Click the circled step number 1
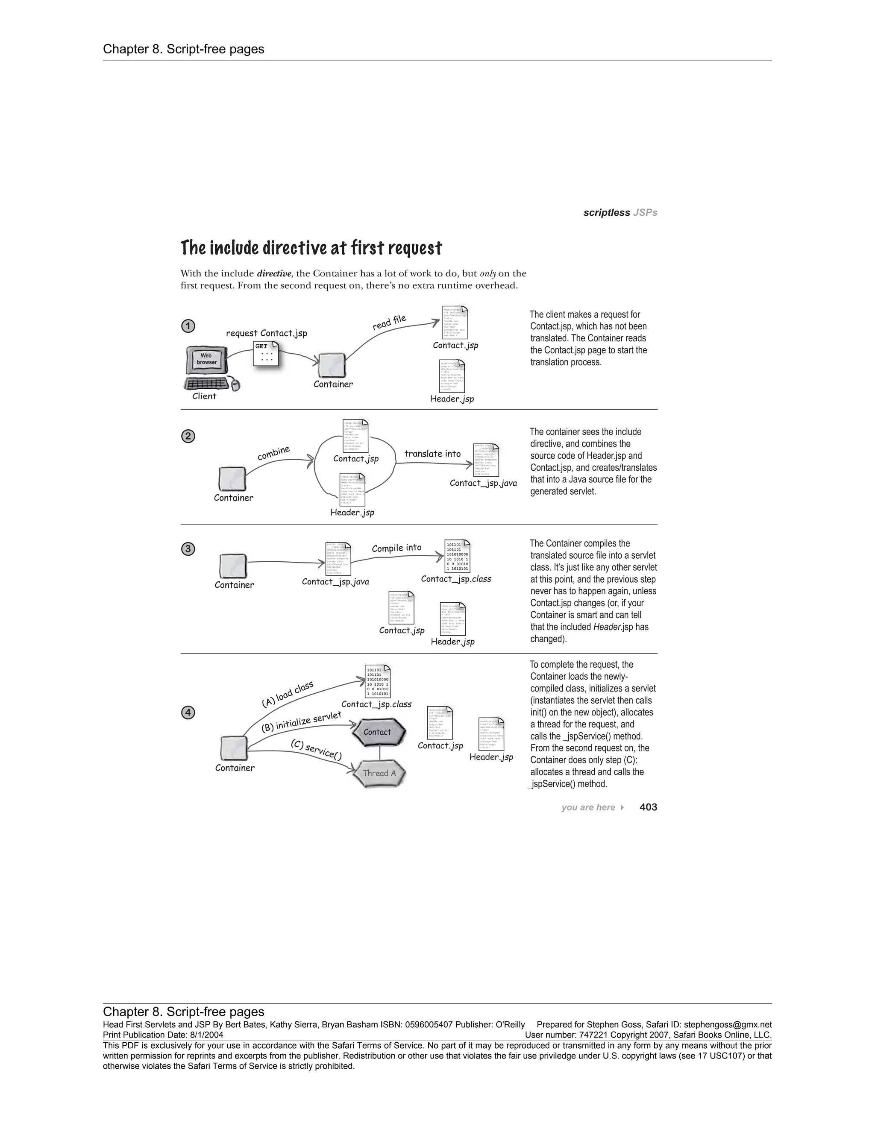pyautogui.click(x=188, y=326)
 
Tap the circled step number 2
pyautogui.click(x=188, y=437)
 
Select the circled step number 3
pyautogui.click(x=188, y=549)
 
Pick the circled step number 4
pyautogui.click(x=188, y=713)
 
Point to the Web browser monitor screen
pyautogui.click(x=206, y=359)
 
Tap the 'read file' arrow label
pyautogui.click(x=389, y=323)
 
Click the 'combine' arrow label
pyautogui.click(x=274, y=452)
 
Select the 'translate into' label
pyautogui.click(x=432, y=454)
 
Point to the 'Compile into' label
pyautogui.click(x=396, y=548)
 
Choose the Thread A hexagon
pyautogui.click(x=379, y=773)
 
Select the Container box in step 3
pyautogui.click(x=233, y=566)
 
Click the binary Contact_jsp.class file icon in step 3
pyautogui.click(x=458, y=555)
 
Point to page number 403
pyautogui.click(x=648, y=807)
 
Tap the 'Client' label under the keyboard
pyautogui.click(x=204, y=396)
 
